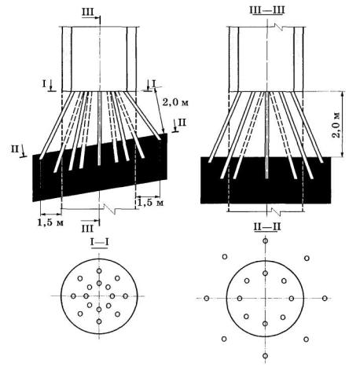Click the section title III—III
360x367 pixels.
pyautogui.click(x=267, y=10)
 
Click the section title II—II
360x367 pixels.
pyautogui.click(x=267, y=227)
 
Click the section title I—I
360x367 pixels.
pyautogui.click(x=100, y=242)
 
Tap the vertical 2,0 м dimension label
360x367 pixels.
pyautogui.click(x=337, y=125)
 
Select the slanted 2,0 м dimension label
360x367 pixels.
pyautogui.click(x=175, y=102)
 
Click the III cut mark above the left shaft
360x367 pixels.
pyautogui.click(x=88, y=13)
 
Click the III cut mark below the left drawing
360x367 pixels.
pyautogui.click(x=87, y=229)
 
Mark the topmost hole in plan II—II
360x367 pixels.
pyautogui.click(x=266, y=240)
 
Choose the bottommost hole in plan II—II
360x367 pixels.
pyautogui.click(x=265, y=356)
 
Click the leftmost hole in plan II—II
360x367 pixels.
pyautogui.click(x=207, y=298)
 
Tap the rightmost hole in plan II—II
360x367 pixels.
pyautogui.click(x=325, y=298)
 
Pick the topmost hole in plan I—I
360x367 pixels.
pyautogui.click(x=99, y=271)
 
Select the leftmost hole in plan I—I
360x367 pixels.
pyautogui.click(x=73, y=296)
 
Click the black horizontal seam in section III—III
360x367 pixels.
pyautogui.click(x=266, y=180)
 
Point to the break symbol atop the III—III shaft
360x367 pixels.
pyautogui.click(x=277, y=27)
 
